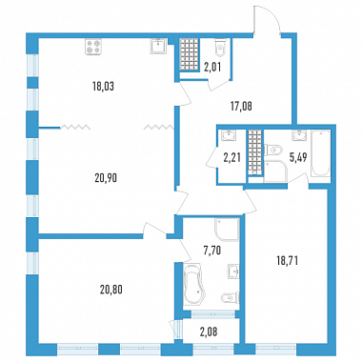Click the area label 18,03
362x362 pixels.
pos(103,87)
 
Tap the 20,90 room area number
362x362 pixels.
pos(106,178)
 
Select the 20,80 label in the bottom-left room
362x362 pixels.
pos(111,290)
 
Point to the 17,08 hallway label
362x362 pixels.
pos(241,107)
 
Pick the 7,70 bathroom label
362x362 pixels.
pos(212,251)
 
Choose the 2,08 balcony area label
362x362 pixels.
pos(209,332)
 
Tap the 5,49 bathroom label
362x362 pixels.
pos(298,157)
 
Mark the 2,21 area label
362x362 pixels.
pos(231,158)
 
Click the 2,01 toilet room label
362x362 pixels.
pos(212,68)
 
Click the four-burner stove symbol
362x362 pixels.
pos(93,47)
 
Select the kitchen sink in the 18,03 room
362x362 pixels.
pos(158,47)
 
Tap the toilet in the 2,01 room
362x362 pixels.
pos(220,48)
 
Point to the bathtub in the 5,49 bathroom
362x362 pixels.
pos(320,152)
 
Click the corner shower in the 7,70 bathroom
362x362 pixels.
pos(227,230)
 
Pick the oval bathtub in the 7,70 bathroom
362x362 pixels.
pos(192,285)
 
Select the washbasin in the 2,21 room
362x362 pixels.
pos(229,135)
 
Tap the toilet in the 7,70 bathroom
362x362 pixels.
pos(229,297)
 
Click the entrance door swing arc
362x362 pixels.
pos(271,16)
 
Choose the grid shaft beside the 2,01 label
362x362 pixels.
pos(189,54)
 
